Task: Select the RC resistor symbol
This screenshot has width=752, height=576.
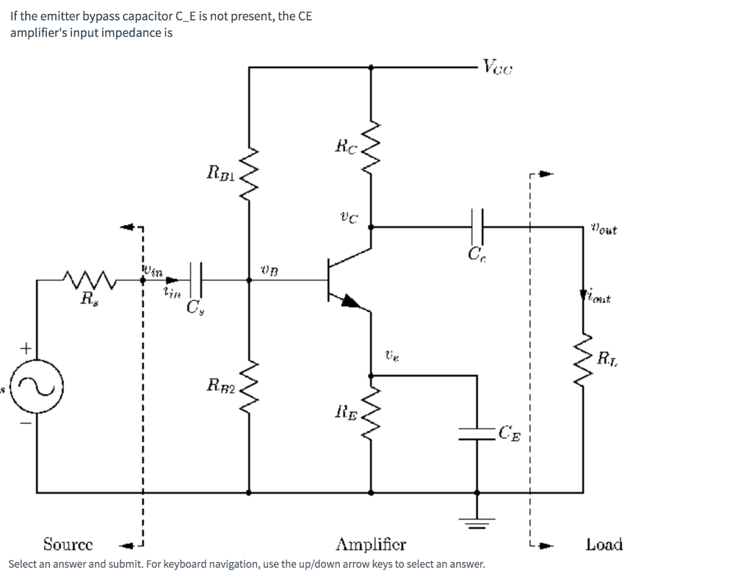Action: pos(370,154)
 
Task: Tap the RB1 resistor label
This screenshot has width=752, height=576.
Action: pos(222,173)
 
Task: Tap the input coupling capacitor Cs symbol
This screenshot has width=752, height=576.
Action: pos(196,279)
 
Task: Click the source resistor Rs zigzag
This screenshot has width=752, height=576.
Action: pos(87,279)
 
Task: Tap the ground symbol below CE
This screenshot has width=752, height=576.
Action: pos(478,522)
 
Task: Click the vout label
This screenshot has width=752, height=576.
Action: pos(602,230)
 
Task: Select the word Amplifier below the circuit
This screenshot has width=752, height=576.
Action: pos(371,545)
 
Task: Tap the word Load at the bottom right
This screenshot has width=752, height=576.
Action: pos(604,544)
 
